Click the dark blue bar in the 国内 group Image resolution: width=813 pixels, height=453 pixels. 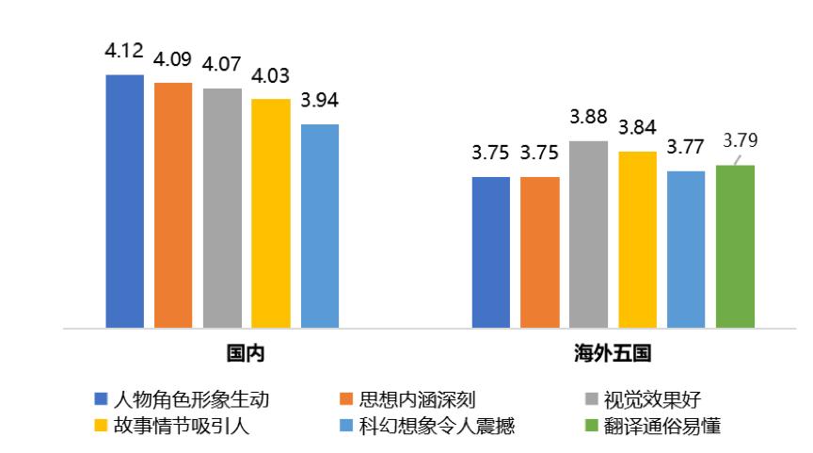pos(124,202)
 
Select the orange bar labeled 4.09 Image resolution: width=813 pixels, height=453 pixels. pos(173,205)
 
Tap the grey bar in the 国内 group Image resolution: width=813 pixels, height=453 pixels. pos(222,208)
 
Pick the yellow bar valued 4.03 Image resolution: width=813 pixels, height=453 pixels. pos(271,214)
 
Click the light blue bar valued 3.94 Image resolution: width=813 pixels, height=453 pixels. pos(320,226)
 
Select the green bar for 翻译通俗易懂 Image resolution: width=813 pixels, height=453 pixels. pos(735,247)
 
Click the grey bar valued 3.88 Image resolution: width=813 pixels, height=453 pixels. pos(589,235)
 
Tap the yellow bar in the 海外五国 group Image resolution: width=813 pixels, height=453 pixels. pos(637,239)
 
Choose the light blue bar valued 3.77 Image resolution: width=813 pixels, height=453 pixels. pos(686,250)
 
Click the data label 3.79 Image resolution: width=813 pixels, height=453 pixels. pos(739,140)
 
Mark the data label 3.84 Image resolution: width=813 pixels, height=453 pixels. pos(637,127)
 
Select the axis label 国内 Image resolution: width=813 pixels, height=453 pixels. pos(244,355)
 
